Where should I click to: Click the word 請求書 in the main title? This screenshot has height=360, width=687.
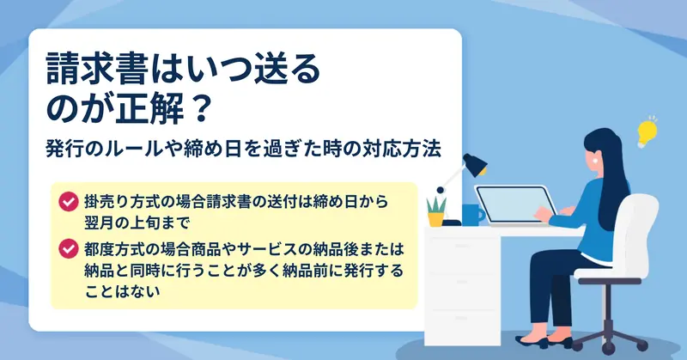click(x=95, y=70)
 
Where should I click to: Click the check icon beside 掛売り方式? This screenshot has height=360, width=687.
click(x=69, y=202)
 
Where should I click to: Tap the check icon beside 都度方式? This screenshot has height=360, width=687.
click(x=69, y=248)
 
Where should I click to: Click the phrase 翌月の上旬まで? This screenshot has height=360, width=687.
click(x=137, y=223)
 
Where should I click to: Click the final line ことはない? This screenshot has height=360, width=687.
click(x=123, y=291)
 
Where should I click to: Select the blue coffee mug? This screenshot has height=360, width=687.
click(x=473, y=215)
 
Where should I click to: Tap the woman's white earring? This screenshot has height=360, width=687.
click(x=594, y=161)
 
